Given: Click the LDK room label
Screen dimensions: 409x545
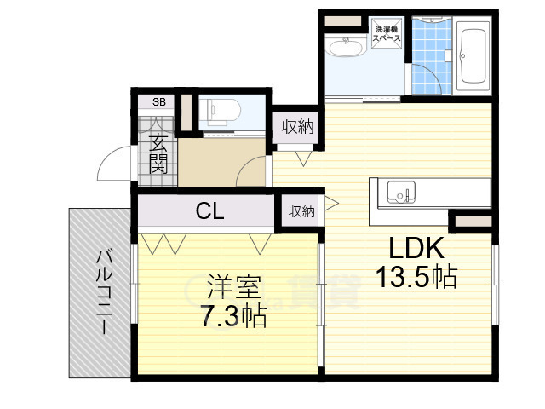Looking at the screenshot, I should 416,249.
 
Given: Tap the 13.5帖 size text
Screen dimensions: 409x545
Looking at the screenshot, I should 416,277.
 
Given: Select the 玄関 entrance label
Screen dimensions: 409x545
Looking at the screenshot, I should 158,153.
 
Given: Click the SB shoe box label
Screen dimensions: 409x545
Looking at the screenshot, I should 158,102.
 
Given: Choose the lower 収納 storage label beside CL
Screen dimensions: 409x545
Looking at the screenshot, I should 301,210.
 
